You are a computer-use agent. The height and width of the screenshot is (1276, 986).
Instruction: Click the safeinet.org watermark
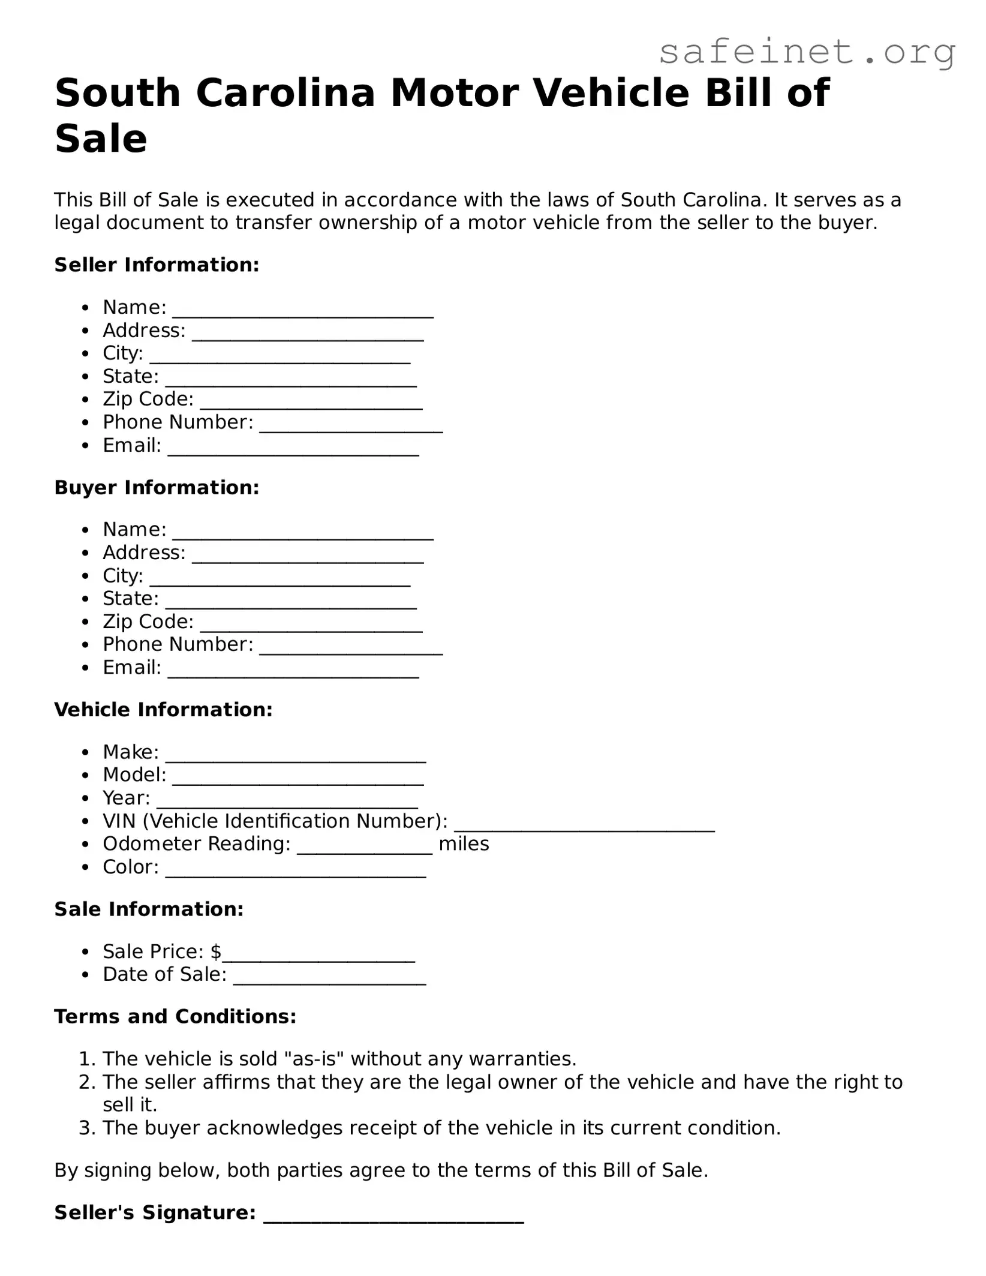[x=807, y=53]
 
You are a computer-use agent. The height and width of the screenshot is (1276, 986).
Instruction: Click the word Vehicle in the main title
[x=611, y=94]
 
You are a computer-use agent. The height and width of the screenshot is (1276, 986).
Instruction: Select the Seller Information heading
[x=157, y=265]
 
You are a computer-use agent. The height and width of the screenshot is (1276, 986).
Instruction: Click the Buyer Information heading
[x=157, y=487]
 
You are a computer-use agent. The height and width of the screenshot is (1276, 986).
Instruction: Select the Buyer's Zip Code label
[x=148, y=622]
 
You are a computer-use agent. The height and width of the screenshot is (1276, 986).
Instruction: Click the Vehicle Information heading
[x=163, y=710]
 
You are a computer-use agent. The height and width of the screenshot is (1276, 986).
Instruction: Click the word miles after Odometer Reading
[x=464, y=844]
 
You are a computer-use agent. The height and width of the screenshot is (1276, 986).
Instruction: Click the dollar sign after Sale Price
[x=216, y=951]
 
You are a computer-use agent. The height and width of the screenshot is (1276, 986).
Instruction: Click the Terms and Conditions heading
[x=175, y=1016]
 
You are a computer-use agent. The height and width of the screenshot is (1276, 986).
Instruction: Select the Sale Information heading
[x=149, y=909]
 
